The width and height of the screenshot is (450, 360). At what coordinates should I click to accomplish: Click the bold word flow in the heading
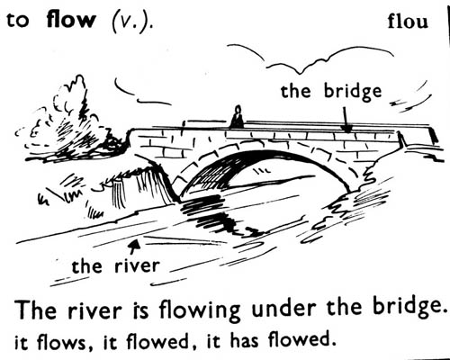(x=71, y=20)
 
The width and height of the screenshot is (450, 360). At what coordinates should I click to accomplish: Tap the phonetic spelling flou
(x=408, y=22)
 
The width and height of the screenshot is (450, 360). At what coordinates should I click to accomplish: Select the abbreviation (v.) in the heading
(x=132, y=22)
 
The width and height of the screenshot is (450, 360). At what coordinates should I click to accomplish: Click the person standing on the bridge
(x=237, y=117)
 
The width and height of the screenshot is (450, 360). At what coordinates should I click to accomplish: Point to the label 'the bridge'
(x=331, y=91)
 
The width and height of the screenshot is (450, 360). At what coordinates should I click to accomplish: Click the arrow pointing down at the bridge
(x=346, y=120)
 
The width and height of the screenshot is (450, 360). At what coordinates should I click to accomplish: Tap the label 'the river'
(x=115, y=265)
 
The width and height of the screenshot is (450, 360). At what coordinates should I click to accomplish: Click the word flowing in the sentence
(x=200, y=310)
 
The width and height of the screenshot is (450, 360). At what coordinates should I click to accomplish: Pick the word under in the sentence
(x=283, y=309)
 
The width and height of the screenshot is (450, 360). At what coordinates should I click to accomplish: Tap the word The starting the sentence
(x=36, y=309)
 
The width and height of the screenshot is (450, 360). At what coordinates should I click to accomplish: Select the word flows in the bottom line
(x=61, y=342)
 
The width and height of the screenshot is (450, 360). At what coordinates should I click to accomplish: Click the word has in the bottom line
(x=244, y=341)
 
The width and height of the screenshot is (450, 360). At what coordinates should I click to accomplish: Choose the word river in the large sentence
(x=94, y=310)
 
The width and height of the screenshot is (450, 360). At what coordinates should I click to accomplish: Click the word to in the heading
(x=18, y=21)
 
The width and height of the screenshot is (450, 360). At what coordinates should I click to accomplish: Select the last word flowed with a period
(x=301, y=340)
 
